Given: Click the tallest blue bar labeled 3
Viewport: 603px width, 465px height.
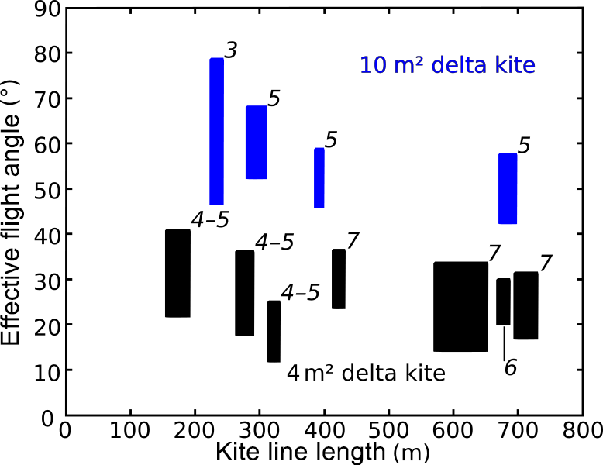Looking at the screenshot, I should (217, 131).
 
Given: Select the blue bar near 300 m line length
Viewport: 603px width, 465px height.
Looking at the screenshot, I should (257, 143).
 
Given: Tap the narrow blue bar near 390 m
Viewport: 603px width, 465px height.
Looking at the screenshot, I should (319, 177).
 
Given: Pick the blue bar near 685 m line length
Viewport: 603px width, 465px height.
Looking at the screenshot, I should (508, 188).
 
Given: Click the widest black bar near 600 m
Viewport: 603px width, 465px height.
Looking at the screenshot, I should (460, 307).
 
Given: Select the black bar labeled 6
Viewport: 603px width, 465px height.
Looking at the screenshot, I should (504, 302).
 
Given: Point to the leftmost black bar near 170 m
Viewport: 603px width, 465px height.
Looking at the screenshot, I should (177, 273).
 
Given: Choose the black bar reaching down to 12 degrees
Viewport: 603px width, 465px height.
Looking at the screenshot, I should (274, 331).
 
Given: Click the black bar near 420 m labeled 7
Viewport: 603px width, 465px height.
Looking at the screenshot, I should (339, 279).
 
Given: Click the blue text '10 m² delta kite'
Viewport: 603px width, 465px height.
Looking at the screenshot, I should (447, 65).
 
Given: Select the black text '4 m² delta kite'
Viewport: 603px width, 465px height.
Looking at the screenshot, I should (366, 374).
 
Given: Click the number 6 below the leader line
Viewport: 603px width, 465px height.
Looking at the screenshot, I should (510, 367).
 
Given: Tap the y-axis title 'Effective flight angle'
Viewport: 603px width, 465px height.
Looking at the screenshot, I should (11, 216).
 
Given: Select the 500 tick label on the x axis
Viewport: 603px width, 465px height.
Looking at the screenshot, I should (388, 429).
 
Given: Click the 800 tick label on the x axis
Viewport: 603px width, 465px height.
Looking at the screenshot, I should (582, 429).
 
